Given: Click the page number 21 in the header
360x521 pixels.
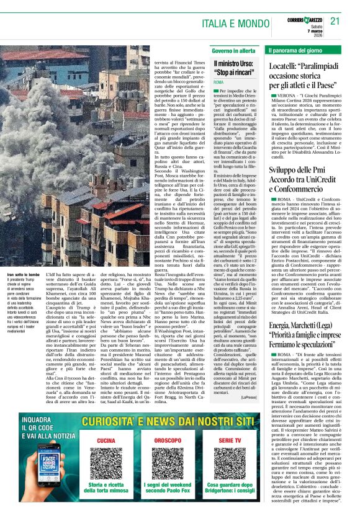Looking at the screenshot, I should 335,20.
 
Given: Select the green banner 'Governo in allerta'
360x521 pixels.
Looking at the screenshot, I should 233,50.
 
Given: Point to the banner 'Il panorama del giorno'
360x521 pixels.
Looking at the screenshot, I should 296,50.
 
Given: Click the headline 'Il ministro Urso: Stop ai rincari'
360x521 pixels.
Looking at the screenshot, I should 234,68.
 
